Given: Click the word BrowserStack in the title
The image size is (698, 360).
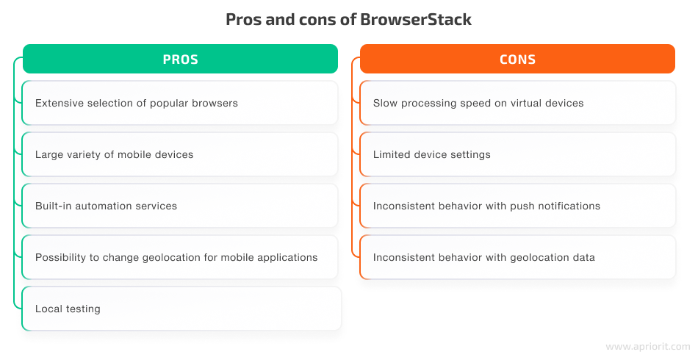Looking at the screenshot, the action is (x=416, y=20).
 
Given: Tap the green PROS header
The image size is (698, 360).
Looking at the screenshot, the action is (x=180, y=59).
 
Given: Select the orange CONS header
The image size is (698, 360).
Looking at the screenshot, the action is (x=518, y=59).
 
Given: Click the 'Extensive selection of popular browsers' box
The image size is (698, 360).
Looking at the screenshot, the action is (x=180, y=103).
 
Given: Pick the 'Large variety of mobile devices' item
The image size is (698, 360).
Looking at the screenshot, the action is (x=180, y=154).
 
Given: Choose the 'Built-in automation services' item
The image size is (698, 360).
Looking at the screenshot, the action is (x=180, y=206).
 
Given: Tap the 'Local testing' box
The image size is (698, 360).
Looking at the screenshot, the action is (x=181, y=309).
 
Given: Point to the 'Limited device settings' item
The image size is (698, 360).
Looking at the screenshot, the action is (x=518, y=154).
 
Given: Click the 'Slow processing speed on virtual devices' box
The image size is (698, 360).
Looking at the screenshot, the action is (x=518, y=103).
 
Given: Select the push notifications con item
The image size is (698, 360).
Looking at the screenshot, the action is (x=518, y=206).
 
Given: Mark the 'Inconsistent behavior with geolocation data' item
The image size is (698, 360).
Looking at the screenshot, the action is (x=518, y=257).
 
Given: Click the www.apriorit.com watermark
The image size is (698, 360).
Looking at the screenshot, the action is (x=648, y=347).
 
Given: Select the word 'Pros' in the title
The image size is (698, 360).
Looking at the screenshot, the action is (x=244, y=20).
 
